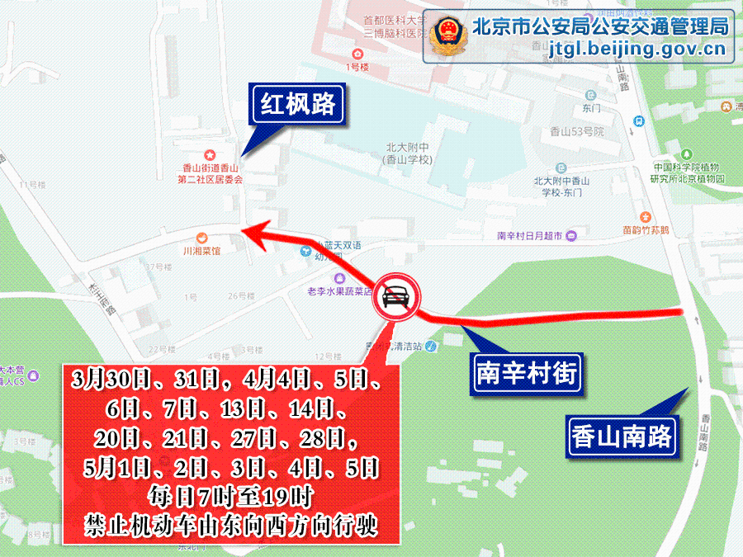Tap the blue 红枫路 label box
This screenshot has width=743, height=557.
click(x=297, y=104)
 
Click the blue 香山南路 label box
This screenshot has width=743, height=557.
click(x=622, y=435)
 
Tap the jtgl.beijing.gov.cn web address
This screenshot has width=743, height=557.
click(x=637, y=50)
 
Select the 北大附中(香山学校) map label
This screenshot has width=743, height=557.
click(x=408, y=153)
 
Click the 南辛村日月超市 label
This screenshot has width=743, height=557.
click(x=529, y=236)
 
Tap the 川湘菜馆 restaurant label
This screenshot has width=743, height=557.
click(x=202, y=250)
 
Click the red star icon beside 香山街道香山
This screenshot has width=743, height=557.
click(x=210, y=154)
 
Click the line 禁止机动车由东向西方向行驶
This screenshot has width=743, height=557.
click(x=231, y=526)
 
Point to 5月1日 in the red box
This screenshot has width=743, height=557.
click(x=112, y=468)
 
